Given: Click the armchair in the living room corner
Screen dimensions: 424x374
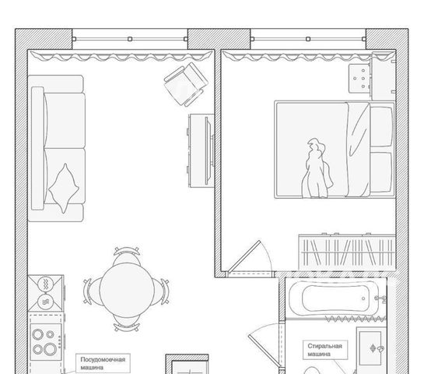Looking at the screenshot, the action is (186, 84).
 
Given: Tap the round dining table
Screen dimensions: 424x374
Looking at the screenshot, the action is (127, 290).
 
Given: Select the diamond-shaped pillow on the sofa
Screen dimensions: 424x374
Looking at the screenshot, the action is (64, 188).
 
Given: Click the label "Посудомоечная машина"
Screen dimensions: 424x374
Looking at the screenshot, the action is (103, 363).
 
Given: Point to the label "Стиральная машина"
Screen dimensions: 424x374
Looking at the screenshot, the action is (324, 350).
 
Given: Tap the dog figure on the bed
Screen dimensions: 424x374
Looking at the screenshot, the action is (317, 168).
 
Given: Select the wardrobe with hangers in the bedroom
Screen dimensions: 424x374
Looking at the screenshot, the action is (347, 252).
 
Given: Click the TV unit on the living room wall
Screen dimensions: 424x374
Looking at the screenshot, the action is (201, 150).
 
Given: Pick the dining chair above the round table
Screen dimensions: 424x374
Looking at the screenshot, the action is (127, 256).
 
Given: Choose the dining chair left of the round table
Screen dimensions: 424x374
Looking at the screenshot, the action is (93, 291).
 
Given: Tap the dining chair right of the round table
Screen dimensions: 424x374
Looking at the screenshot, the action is (160, 291).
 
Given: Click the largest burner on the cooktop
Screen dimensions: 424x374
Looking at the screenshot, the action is (51, 349).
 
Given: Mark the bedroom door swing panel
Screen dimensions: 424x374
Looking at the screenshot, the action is (244, 256).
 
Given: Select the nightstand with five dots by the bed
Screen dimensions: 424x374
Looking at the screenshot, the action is (359, 79).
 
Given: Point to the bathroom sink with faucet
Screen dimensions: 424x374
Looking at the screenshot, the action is (370, 348).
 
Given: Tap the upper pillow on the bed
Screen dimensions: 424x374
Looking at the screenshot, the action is (381, 126).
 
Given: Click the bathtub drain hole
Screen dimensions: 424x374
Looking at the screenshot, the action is (363, 298).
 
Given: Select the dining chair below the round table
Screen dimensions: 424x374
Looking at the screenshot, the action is (127, 323).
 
